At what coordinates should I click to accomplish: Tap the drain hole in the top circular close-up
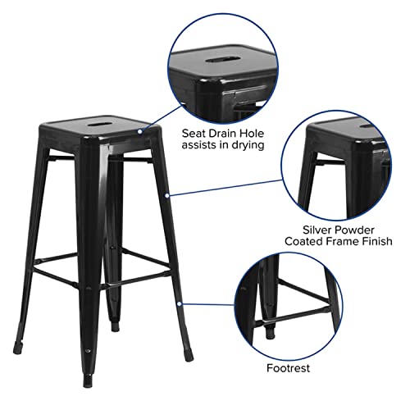click(216, 59)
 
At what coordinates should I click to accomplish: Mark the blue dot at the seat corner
click(141, 130)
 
